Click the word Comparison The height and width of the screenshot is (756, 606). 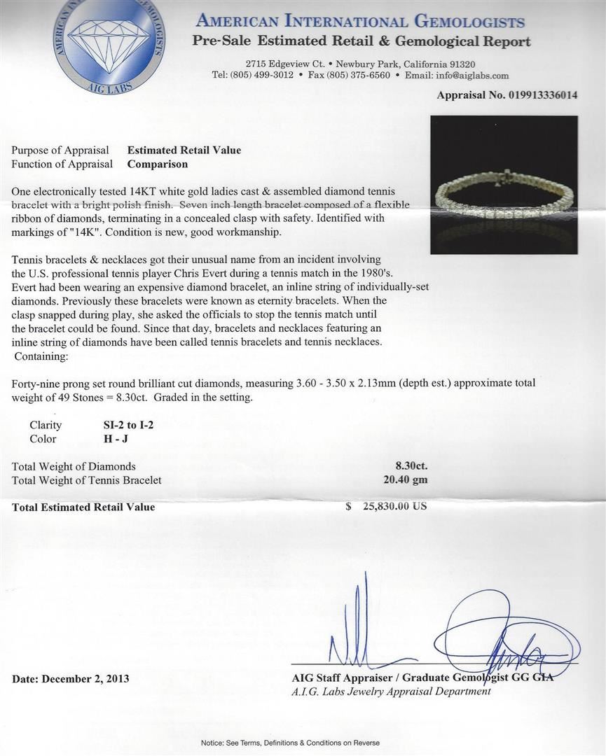(x=157, y=164)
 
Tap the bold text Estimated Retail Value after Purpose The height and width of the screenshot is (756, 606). (x=184, y=150)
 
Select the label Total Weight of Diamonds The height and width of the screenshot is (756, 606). (x=74, y=466)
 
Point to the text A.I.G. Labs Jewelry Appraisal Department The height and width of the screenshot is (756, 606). (x=391, y=692)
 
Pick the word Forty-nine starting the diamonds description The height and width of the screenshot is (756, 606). (x=37, y=383)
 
